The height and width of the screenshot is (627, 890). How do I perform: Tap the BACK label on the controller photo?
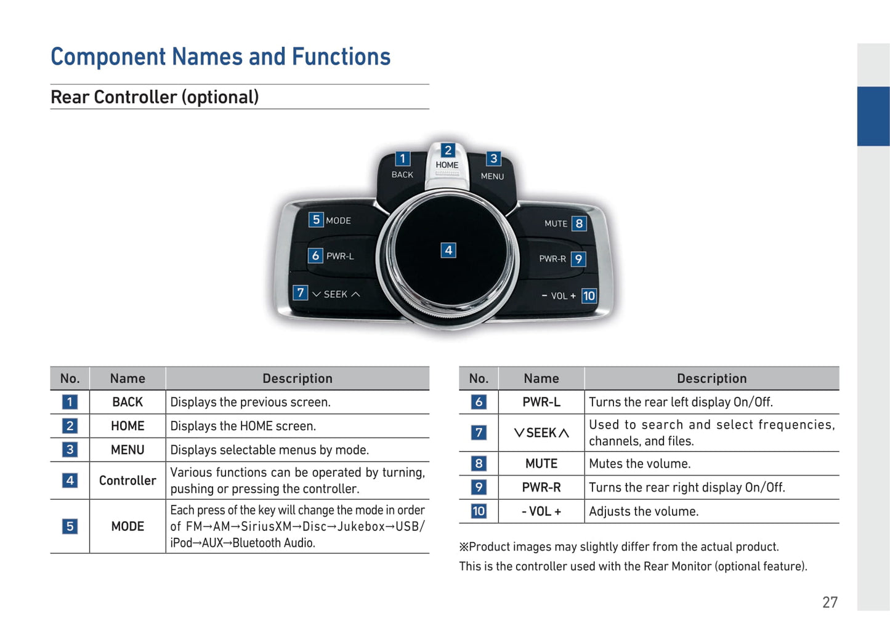(x=402, y=175)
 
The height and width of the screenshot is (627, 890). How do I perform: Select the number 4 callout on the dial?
(x=448, y=250)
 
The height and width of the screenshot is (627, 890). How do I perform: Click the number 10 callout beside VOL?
(x=589, y=295)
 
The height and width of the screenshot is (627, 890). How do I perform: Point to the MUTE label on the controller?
(x=556, y=224)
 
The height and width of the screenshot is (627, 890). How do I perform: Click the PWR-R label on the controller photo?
(x=552, y=258)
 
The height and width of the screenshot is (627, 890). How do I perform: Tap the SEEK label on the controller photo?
(x=335, y=295)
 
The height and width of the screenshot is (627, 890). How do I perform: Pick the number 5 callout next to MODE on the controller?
(x=316, y=220)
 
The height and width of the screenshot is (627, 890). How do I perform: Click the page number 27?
(x=830, y=602)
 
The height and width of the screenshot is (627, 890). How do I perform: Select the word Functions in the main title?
(x=341, y=57)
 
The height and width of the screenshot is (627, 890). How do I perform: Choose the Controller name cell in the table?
(x=127, y=481)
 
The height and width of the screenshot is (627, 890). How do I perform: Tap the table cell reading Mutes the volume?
(x=640, y=463)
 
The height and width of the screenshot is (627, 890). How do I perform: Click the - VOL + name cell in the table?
(x=541, y=511)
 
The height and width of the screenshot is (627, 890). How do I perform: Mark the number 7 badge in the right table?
(x=479, y=433)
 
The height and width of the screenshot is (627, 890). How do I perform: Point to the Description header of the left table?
(x=297, y=378)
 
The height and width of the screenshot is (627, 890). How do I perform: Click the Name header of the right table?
(x=541, y=378)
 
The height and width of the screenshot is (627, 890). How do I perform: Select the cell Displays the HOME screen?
(x=243, y=426)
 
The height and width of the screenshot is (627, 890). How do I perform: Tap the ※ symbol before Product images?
(x=464, y=547)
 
